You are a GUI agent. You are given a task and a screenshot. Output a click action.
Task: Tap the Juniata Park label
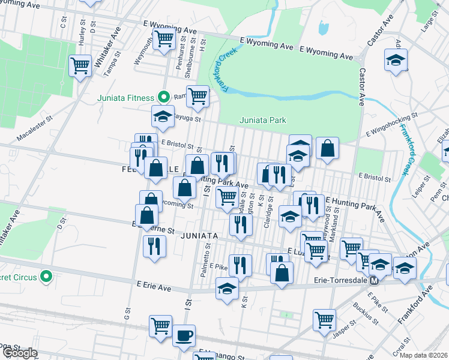coord(263,120)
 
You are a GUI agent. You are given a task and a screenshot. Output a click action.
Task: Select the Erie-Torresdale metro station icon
coord(374,280)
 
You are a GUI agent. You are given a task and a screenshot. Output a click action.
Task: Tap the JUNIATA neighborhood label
coord(197,236)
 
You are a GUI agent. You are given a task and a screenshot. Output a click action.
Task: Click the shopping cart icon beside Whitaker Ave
coord(80,65)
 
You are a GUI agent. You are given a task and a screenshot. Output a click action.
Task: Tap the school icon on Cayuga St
coord(162,116)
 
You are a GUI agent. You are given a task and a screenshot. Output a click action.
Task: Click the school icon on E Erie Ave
coord(227,289)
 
